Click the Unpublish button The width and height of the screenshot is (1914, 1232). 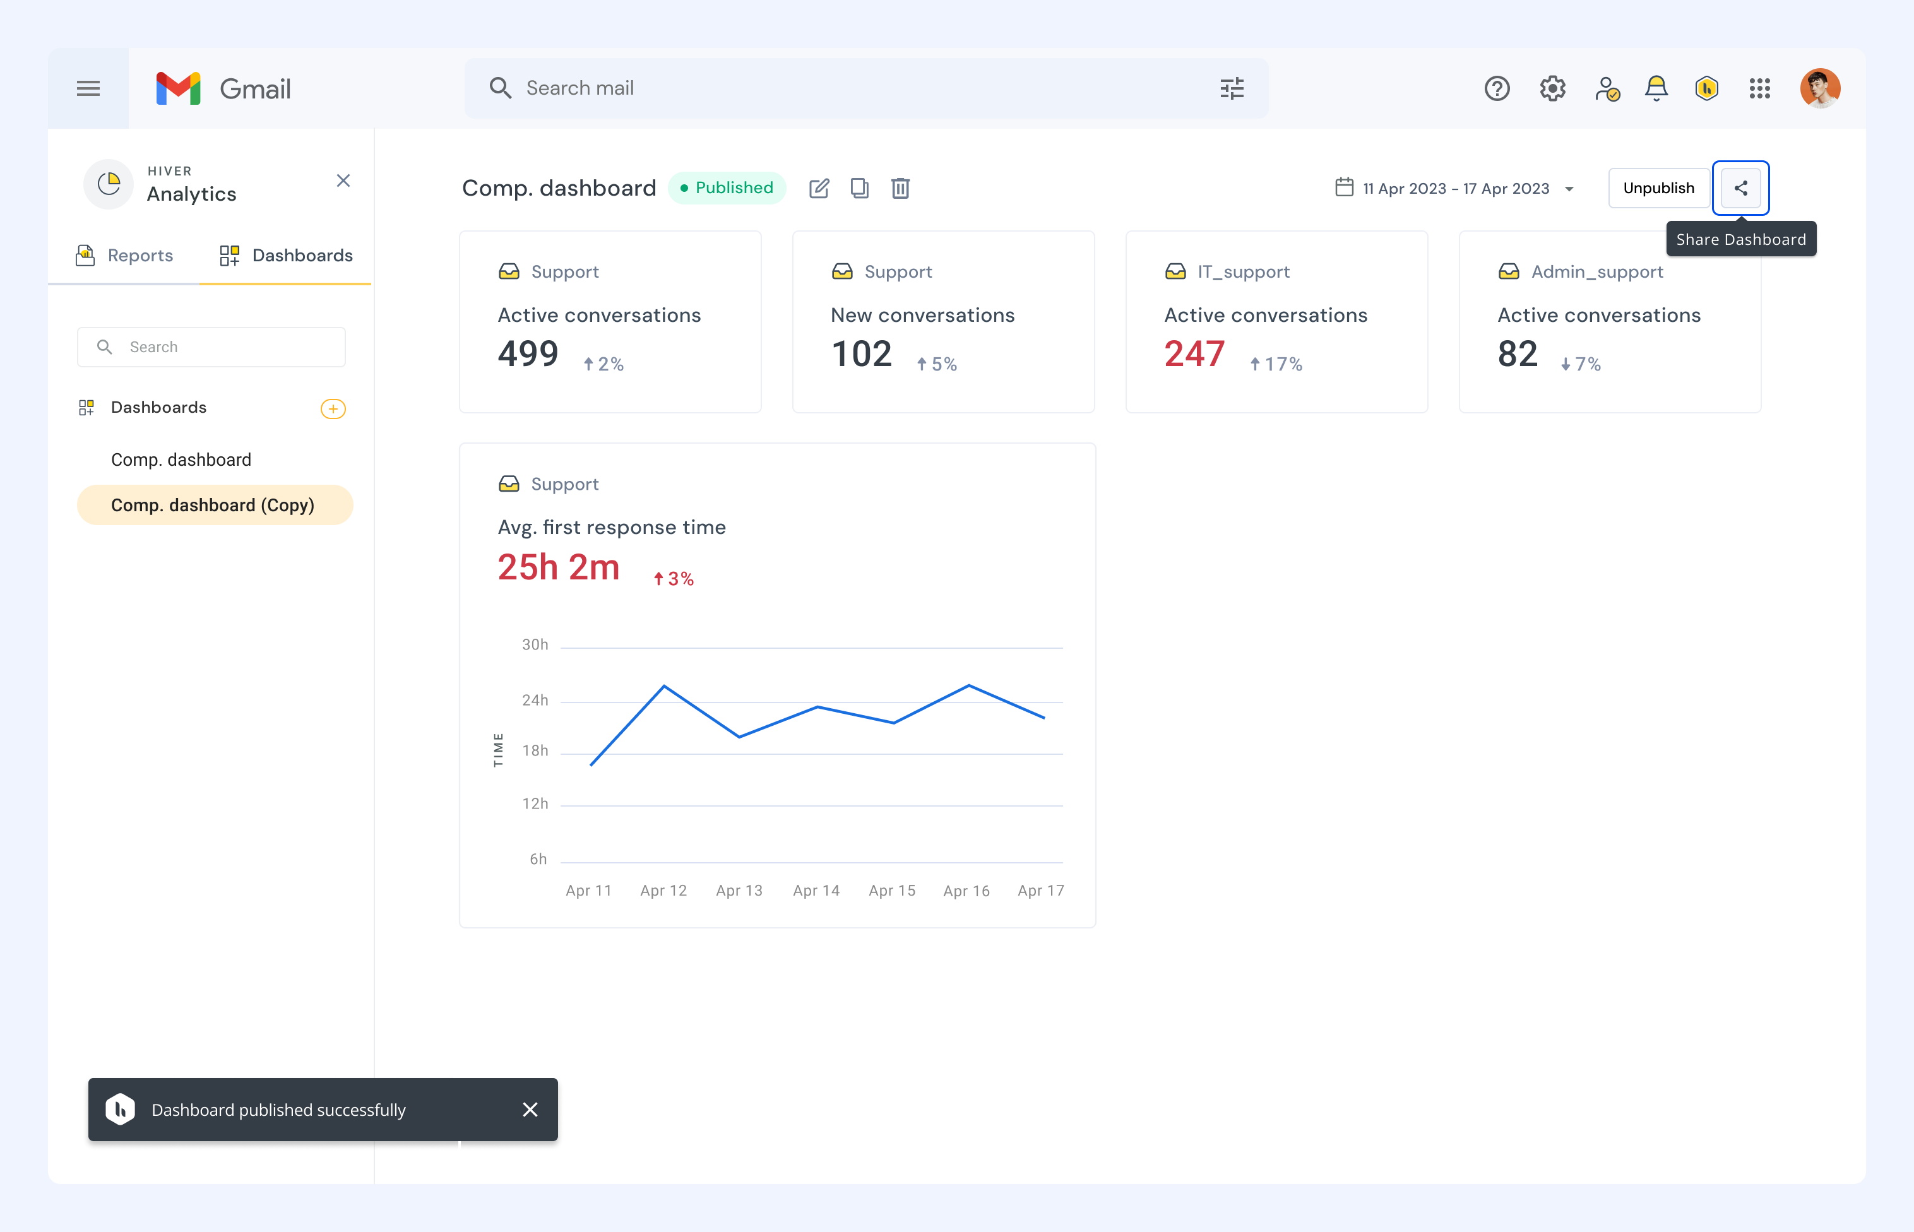[x=1659, y=188]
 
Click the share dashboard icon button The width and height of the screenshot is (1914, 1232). [x=1740, y=188]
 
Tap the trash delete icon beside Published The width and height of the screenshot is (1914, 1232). [x=900, y=188]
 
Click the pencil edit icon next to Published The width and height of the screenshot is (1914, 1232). [x=819, y=188]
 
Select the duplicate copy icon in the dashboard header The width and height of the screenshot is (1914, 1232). [x=859, y=188]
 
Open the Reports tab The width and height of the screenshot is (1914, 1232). [x=124, y=255]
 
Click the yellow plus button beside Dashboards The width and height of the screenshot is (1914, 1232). [x=333, y=409]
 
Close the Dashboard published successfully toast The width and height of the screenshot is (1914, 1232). [x=530, y=1110]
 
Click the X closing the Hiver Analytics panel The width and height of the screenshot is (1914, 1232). [x=343, y=181]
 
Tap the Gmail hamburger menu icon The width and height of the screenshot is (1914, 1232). [x=88, y=88]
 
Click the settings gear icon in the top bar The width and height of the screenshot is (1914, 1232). [x=1552, y=88]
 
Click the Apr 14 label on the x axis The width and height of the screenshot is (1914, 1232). [x=816, y=891]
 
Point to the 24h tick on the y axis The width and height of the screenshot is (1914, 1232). [x=535, y=700]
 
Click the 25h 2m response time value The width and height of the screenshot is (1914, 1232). [x=559, y=567]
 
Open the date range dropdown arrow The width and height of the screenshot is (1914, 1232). [x=1569, y=189]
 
